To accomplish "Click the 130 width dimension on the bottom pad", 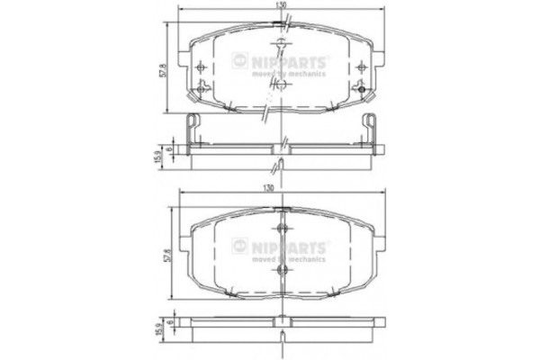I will click(x=282, y=187).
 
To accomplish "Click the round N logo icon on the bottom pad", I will click(x=240, y=244).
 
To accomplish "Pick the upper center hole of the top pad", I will click(x=282, y=45).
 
